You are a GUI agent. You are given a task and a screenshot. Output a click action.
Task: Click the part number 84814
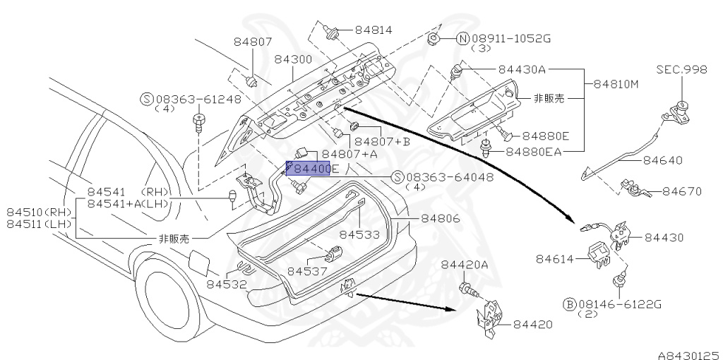click(374, 30)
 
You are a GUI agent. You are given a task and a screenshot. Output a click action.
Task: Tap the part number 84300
click(293, 60)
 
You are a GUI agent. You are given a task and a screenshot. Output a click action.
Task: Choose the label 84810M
click(616, 83)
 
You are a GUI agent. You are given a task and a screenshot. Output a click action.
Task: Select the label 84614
click(555, 260)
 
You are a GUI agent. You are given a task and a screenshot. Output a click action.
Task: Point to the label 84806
click(441, 219)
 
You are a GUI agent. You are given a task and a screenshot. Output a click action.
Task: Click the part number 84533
click(359, 234)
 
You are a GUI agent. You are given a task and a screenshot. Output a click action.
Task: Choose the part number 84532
click(226, 284)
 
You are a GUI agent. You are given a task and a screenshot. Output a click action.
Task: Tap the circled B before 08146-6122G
click(568, 304)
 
